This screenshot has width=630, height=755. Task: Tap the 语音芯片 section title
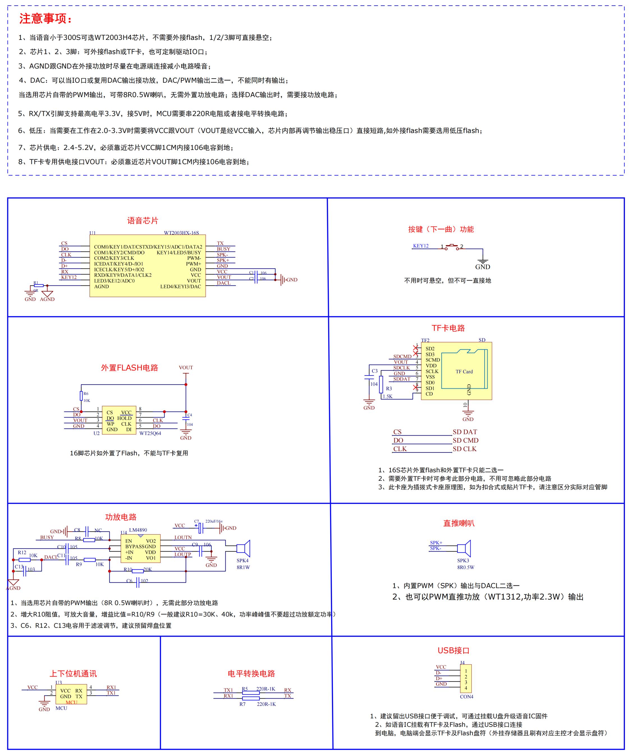pyautogui.click(x=142, y=220)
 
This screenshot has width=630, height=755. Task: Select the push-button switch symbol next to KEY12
pyautogui.click(x=452, y=247)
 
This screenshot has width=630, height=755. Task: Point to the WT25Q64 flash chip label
pyautogui.click(x=150, y=433)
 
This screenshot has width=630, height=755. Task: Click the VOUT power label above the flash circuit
pyautogui.click(x=186, y=367)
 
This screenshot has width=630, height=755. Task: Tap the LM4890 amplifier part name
pyautogui.click(x=138, y=530)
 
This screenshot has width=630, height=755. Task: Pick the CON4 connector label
pyautogui.click(x=466, y=697)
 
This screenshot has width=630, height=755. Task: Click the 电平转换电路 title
pyautogui.click(x=251, y=673)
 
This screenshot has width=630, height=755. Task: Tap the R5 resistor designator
pyautogui.click(x=245, y=689)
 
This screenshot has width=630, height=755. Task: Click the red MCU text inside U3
pyautogui.click(x=72, y=702)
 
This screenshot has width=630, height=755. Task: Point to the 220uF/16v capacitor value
pyautogui.click(x=214, y=521)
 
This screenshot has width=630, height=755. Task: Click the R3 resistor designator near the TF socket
pyautogui.click(x=389, y=389)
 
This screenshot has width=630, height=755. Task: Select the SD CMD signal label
pyautogui.click(x=465, y=440)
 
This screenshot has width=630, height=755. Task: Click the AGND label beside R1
pyautogui.click(x=47, y=299)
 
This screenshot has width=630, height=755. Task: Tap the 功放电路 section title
pyautogui.click(x=121, y=517)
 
